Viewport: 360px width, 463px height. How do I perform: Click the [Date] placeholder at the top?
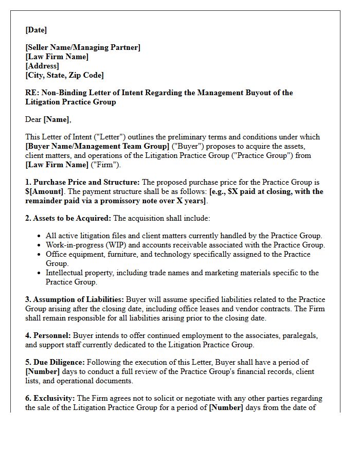point(36,30)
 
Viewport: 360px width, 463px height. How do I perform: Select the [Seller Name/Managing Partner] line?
point(83,47)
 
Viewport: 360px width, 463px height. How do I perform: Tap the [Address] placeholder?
point(42,66)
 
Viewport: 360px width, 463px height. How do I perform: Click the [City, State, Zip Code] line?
point(64,75)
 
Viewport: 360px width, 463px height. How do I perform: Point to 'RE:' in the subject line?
point(31,93)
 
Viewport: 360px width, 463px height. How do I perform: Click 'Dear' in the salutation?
point(33,119)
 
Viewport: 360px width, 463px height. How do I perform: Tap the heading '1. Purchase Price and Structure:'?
point(82,182)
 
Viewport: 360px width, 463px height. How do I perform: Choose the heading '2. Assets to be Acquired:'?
point(68,218)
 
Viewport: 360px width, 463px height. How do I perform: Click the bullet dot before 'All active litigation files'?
point(40,236)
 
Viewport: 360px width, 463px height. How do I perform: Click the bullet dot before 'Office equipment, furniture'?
point(40,255)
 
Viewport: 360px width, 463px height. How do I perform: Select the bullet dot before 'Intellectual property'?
point(40,273)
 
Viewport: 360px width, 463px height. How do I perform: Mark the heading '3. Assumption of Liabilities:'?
point(75,299)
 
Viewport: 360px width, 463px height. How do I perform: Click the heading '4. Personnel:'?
point(48,335)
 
